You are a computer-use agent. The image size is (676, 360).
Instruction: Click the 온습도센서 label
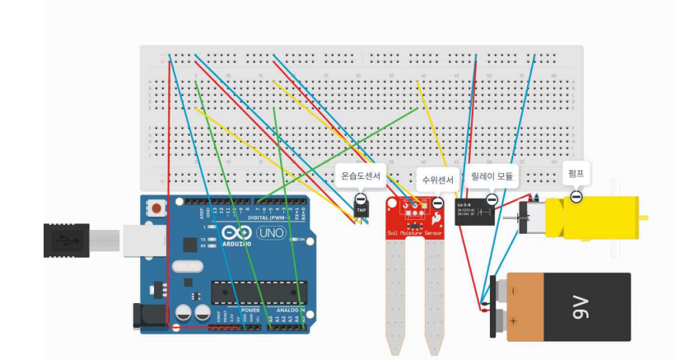(x=361, y=176)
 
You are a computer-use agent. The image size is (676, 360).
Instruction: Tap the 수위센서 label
(x=437, y=179)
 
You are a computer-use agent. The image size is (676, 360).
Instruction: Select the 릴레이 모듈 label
(x=491, y=176)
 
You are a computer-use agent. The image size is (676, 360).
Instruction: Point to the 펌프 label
(x=576, y=174)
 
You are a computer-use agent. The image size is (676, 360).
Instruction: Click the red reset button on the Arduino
(x=156, y=209)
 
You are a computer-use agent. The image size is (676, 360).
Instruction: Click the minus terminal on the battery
(x=512, y=290)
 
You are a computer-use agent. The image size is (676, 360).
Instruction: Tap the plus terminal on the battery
(x=512, y=320)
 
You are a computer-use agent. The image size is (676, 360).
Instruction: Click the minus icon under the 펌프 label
(x=576, y=195)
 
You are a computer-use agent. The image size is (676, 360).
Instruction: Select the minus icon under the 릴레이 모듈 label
(x=492, y=199)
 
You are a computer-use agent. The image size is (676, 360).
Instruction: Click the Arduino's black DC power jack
(x=146, y=315)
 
